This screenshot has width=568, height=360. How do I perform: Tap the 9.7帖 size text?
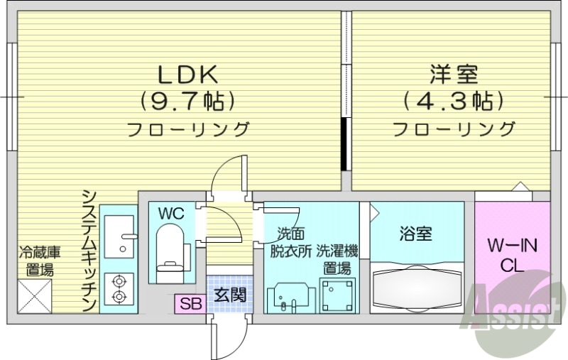[187, 101]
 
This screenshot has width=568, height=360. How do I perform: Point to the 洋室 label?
[453, 74]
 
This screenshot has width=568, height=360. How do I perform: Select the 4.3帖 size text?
[453, 101]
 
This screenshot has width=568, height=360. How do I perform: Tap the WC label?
[170, 213]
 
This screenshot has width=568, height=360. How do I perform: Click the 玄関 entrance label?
[230, 294]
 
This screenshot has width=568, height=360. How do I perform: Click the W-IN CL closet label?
[513, 256]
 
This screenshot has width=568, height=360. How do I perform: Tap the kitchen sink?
[118, 235]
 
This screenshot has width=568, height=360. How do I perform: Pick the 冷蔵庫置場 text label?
[35, 260]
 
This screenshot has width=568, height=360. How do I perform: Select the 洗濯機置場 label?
[337, 258]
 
